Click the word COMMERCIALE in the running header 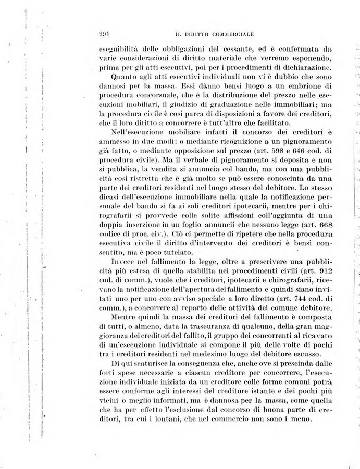pyautogui.click(x=231, y=35)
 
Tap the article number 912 pyautogui.click(x=324, y=280)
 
